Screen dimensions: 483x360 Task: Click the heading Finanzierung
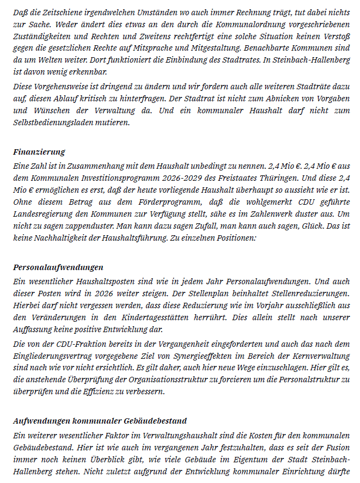pos(39,152)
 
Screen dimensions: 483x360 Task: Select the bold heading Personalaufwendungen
pos(58,267)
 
